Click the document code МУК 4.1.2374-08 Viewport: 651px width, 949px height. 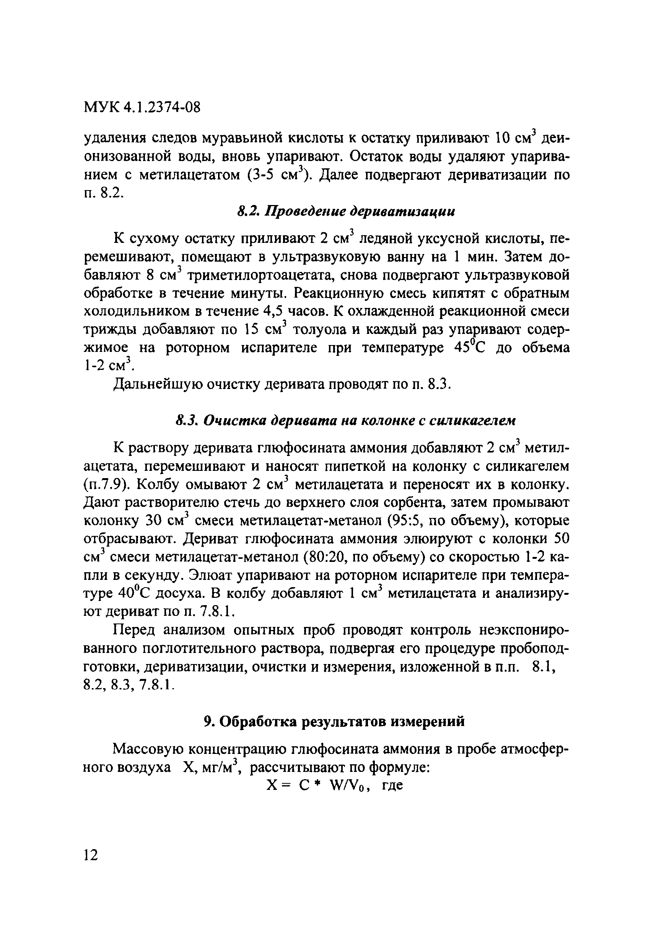click(x=142, y=107)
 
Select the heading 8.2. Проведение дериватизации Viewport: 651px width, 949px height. click(x=345, y=212)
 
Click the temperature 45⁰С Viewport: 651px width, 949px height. click(x=469, y=347)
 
